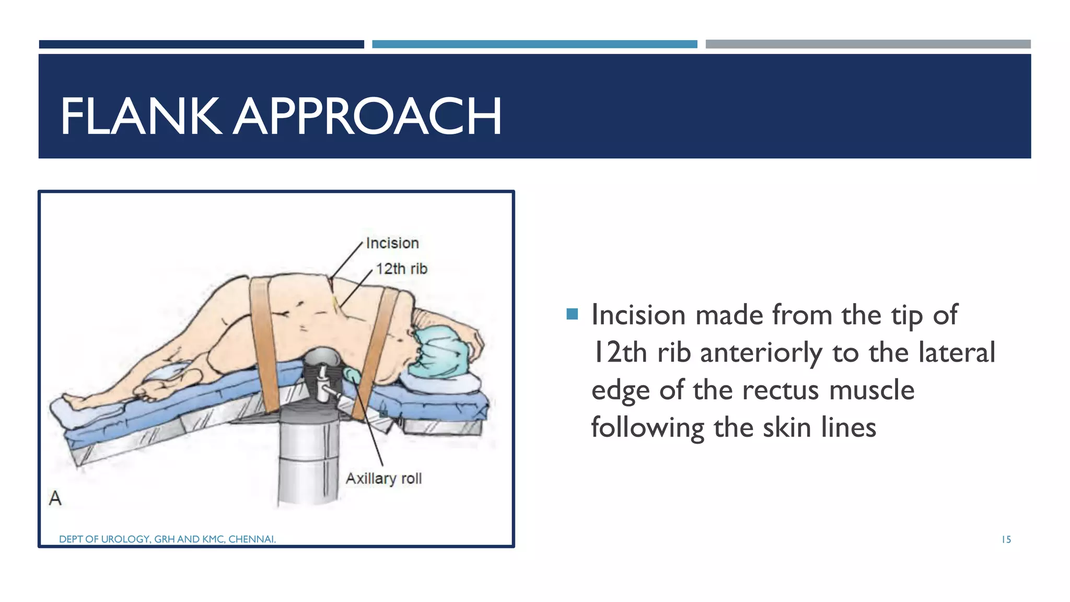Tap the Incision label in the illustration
click(392, 244)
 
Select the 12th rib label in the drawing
click(401, 269)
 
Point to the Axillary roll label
click(383, 479)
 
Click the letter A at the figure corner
click(55, 498)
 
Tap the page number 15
click(1006, 540)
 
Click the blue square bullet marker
click(572, 314)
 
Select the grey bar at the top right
click(868, 44)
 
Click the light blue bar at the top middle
click(534, 44)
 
